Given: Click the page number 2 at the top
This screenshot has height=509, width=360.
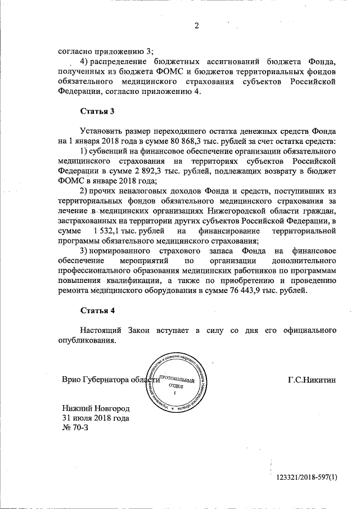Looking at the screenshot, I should point(197,25).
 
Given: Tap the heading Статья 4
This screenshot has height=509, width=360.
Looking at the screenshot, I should point(98,310).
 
